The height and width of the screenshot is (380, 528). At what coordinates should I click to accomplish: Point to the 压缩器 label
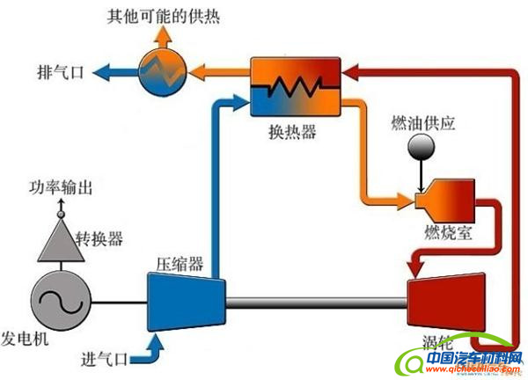[180, 264]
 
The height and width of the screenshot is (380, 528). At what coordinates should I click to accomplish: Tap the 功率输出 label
[60, 187]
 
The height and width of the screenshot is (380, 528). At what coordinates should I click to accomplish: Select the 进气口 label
[105, 358]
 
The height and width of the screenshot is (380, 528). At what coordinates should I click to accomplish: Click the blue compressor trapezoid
[185, 300]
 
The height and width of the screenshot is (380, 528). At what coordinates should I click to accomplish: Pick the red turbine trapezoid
[444, 303]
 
